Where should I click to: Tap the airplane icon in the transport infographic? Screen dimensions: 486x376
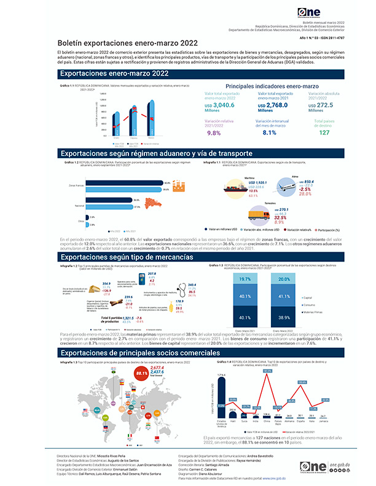pos(286,185)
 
